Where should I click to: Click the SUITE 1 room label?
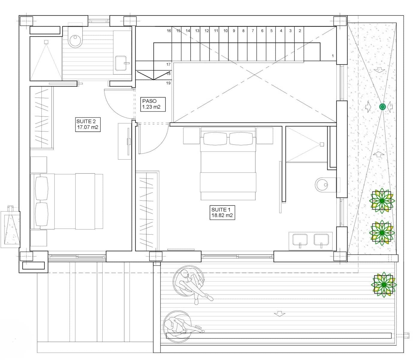click(222, 212)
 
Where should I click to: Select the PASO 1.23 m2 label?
click(153, 104)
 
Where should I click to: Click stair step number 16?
click(169, 31)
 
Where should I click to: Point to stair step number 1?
click(333, 56)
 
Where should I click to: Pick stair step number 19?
click(168, 83)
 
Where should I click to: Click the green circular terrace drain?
click(382, 106)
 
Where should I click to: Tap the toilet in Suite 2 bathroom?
click(75, 39)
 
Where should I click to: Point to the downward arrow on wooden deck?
click(279, 314)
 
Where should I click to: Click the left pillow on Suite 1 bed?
click(215, 139)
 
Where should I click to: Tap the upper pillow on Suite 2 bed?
click(42, 188)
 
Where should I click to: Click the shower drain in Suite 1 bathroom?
click(322, 144)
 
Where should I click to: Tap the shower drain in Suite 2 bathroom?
click(46, 42)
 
